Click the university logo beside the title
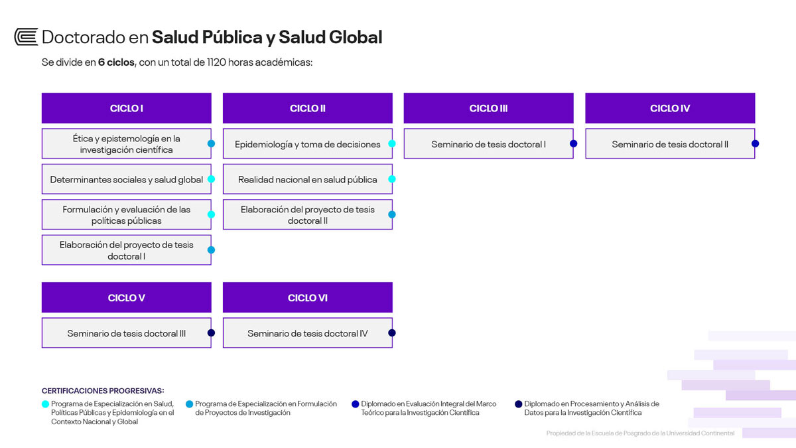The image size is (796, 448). [26, 37]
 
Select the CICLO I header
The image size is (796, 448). [127, 108]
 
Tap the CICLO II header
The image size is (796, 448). [308, 108]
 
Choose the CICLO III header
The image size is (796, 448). [489, 108]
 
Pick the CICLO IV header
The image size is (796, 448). [670, 108]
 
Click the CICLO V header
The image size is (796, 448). [127, 297]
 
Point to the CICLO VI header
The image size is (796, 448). [308, 297]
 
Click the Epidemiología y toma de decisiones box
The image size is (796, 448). [308, 143]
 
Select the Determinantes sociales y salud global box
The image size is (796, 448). [127, 179]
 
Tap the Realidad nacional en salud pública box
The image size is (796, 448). [308, 179]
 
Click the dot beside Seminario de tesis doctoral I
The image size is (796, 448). [574, 143]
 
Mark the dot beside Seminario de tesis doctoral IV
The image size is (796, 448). [392, 333]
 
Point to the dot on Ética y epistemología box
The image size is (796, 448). [211, 143]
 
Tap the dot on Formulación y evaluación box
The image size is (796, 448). [211, 214]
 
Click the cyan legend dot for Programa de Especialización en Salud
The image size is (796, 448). [45, 404]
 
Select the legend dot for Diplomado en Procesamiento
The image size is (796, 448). [519, 404]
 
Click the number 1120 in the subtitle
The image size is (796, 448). [216, 62]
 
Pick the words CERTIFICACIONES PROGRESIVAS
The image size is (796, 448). [103, 391]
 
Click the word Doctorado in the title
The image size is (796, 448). [84, 37]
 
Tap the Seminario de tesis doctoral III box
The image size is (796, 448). [127, 333]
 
